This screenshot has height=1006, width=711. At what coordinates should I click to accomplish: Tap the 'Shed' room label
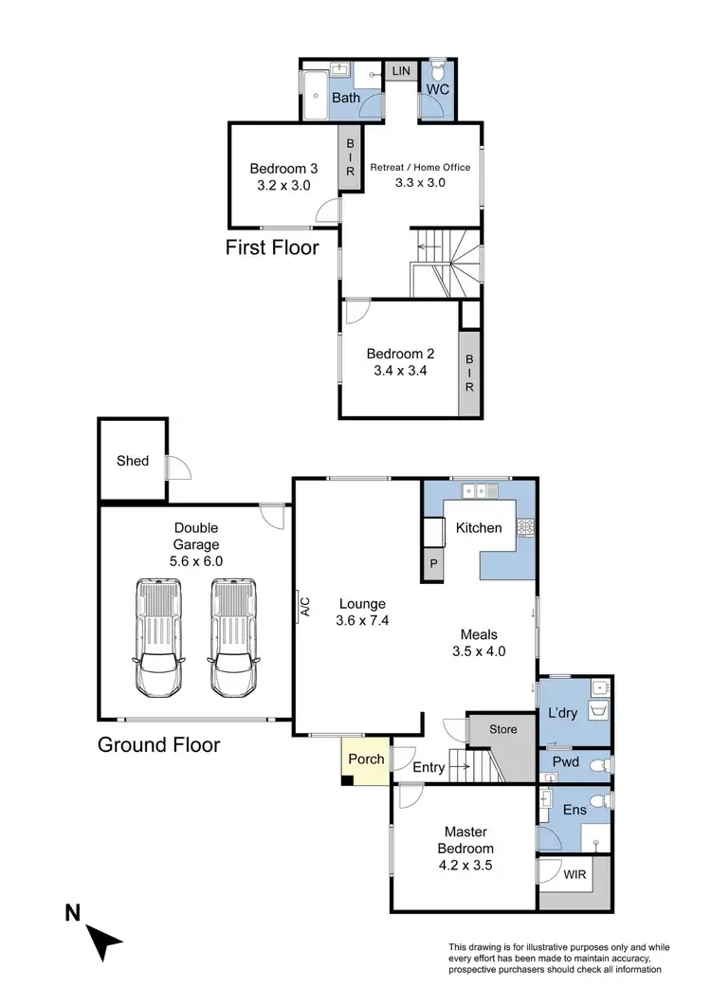[133, 461]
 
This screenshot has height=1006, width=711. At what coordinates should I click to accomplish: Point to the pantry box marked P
[434, 563]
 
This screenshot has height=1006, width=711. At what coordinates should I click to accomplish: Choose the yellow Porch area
[365, 760]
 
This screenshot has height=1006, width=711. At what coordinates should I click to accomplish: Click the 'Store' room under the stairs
[502, 730]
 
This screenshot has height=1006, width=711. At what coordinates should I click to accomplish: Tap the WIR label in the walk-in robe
[574, 875]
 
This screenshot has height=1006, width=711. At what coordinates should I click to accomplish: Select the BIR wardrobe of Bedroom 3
[350, 157]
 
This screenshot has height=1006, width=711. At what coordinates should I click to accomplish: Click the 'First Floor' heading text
[272, 248]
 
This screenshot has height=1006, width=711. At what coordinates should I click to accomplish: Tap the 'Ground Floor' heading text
[159, 744]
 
